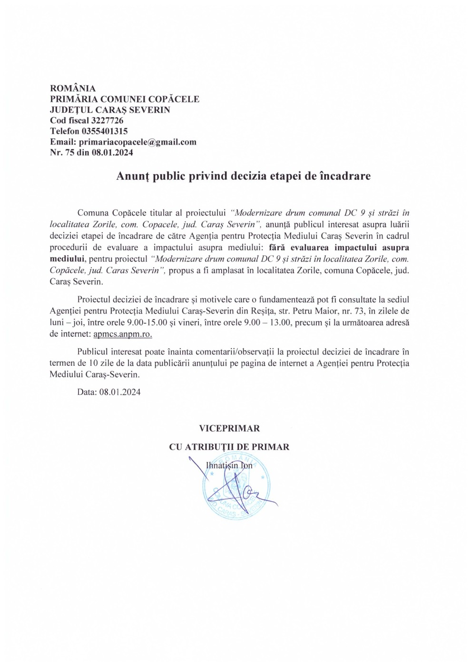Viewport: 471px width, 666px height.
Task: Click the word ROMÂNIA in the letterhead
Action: [x=73, y=88]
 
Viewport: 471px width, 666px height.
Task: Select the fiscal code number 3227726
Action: [x=107, y=121]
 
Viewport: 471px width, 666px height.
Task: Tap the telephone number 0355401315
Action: [x=104, y=131]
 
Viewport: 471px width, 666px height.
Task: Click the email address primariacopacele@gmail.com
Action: [x=137, y=142]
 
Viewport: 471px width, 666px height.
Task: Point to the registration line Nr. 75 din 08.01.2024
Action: [x=91, y=153]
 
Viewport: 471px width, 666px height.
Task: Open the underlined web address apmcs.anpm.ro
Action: [x=123, y=334]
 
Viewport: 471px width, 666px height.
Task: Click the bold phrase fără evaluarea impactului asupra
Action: [x=339, y=247]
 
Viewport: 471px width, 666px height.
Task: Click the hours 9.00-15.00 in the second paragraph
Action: [x=147, y=323]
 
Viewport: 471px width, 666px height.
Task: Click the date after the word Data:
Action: [x=120, y=392]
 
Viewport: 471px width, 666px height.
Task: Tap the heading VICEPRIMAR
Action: [x=229, y=429]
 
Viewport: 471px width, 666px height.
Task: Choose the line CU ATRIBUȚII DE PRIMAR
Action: [x=229, y=447]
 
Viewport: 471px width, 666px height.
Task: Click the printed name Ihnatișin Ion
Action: [x=229, y=466]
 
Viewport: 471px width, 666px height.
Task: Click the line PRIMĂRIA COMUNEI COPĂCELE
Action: [x=125, y=99]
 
